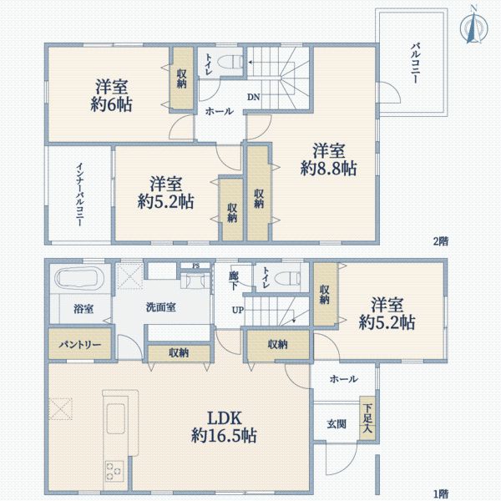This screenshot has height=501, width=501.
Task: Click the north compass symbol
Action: coord(473,24)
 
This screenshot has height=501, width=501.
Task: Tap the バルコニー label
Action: coord(414,62)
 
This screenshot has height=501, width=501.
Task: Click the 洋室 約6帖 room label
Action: coord(113,94)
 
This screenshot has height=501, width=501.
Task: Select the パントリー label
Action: coord(79,344)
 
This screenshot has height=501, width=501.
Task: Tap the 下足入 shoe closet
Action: coord(367,415)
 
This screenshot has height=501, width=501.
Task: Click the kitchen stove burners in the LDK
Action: coord(115,472)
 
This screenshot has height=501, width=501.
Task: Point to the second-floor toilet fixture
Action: coord(230,63)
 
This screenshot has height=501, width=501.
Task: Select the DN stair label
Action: coord(253,98)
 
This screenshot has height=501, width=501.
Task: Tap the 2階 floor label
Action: coord(440,240)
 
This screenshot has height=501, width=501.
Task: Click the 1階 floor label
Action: coord(440,492)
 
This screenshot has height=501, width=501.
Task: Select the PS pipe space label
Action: coord(195,266)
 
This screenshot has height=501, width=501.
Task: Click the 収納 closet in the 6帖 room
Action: coord(181,78)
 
